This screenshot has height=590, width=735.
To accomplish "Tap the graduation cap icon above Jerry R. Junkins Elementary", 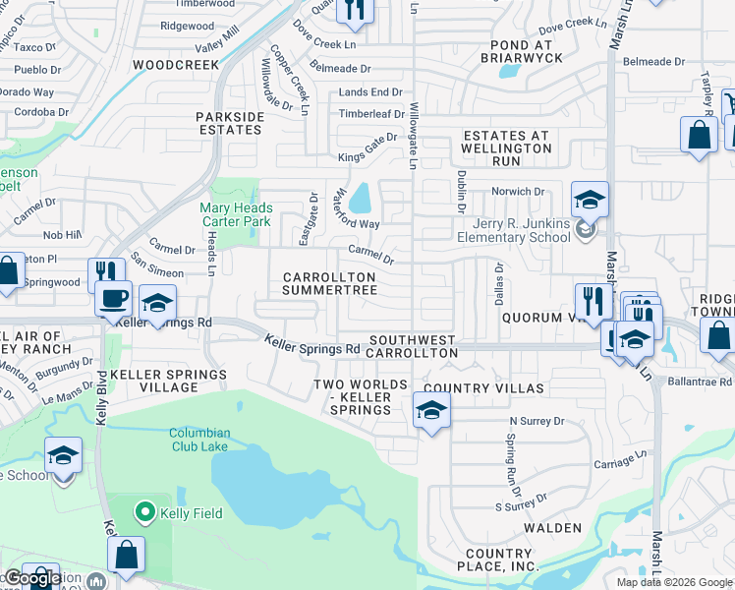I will click(x=590, y=200).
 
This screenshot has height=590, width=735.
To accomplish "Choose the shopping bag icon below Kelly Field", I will click(x=127, y=555).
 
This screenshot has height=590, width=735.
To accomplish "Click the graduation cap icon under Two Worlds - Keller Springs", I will click(x=430, y=410).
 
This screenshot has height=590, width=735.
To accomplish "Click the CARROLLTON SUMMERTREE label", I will click(x=330, y=284).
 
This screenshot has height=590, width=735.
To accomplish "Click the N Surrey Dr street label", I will click(x=537, y=421).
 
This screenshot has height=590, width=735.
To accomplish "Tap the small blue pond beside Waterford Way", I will click(x=360, y=198).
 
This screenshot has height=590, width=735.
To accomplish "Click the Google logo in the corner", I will click(x=32, y=578).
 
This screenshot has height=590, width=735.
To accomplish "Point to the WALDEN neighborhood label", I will click(x=552, y=528).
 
